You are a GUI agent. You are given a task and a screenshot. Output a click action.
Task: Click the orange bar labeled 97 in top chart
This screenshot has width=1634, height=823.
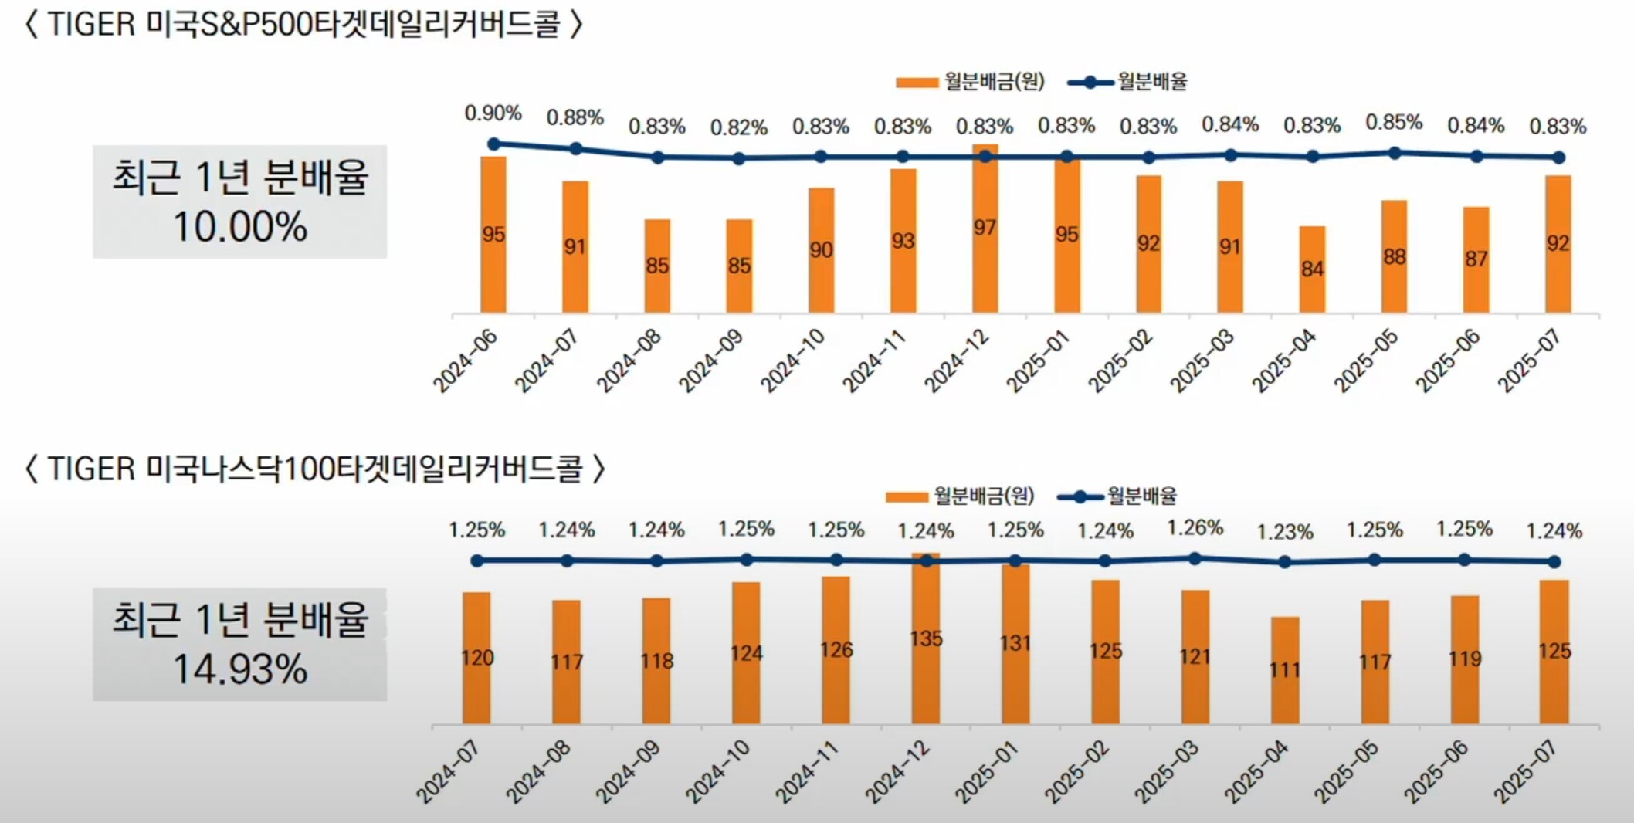click(x=985, y=232)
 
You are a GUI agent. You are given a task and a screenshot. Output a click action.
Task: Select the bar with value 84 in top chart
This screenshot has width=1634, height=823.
click(x=1312, y=270)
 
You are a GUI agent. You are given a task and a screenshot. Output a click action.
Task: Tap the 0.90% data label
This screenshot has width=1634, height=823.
click(x=493, y=113)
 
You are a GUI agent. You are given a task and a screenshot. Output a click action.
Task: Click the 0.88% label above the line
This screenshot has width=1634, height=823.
click(x=575, y=117)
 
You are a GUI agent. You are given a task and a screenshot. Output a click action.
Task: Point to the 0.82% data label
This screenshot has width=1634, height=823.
click(x=738, y=127)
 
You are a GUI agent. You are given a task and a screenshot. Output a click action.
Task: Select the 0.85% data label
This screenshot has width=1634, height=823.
click(x=1394, y=122)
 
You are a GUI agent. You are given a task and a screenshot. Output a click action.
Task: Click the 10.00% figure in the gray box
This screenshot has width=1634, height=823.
click(x=239, y=227)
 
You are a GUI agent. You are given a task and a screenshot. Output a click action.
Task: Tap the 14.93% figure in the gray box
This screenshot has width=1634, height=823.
click(x=239, y=669)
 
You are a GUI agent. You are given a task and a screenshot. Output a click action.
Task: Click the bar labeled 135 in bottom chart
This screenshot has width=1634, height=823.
click(x=926, y=641)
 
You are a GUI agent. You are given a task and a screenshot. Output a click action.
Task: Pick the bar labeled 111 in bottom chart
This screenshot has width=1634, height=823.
click(x=1285, y=670)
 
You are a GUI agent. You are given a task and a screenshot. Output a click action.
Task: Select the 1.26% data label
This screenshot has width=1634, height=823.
click(x=1195, y=528)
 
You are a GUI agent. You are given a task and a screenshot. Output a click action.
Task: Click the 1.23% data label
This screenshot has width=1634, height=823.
click(x=1284, y=532)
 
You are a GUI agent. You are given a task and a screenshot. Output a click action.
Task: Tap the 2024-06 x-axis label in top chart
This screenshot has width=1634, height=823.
click(x=466, y=360)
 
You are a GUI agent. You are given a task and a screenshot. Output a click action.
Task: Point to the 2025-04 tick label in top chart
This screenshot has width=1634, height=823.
click(x=1284, y=360)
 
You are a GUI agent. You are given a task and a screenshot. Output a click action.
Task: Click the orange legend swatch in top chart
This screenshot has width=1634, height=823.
click(x=917, y=83)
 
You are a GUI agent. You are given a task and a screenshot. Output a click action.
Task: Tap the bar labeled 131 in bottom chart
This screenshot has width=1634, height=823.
click(x=1015, y=645)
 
